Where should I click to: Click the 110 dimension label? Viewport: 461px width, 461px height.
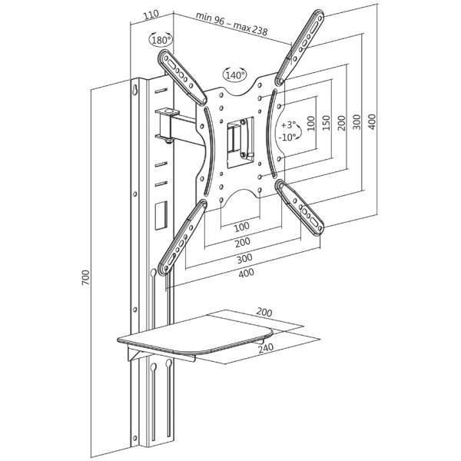151,14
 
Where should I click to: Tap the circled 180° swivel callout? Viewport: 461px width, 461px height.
161,40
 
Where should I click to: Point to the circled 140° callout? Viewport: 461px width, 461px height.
234,75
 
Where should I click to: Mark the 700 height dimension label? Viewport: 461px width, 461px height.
85,275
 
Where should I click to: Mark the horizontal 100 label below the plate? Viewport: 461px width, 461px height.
241,227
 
